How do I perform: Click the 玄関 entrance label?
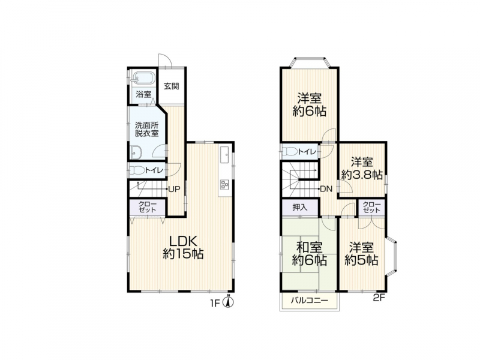171,86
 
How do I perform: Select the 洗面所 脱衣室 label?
147,129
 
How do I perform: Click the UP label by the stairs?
174,189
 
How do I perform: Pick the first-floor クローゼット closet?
148,207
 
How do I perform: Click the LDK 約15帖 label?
183,247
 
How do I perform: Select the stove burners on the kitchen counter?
224,184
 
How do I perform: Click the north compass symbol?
229,302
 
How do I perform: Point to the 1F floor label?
215,303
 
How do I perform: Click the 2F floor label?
379,298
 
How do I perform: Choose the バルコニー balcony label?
309,300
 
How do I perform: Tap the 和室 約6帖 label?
309,253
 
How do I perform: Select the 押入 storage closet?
300,207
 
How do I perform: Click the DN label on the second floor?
326,189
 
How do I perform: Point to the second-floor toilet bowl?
290,151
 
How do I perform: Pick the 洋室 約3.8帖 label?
362,169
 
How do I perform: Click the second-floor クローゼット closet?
371,207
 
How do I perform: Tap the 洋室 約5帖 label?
362,253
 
